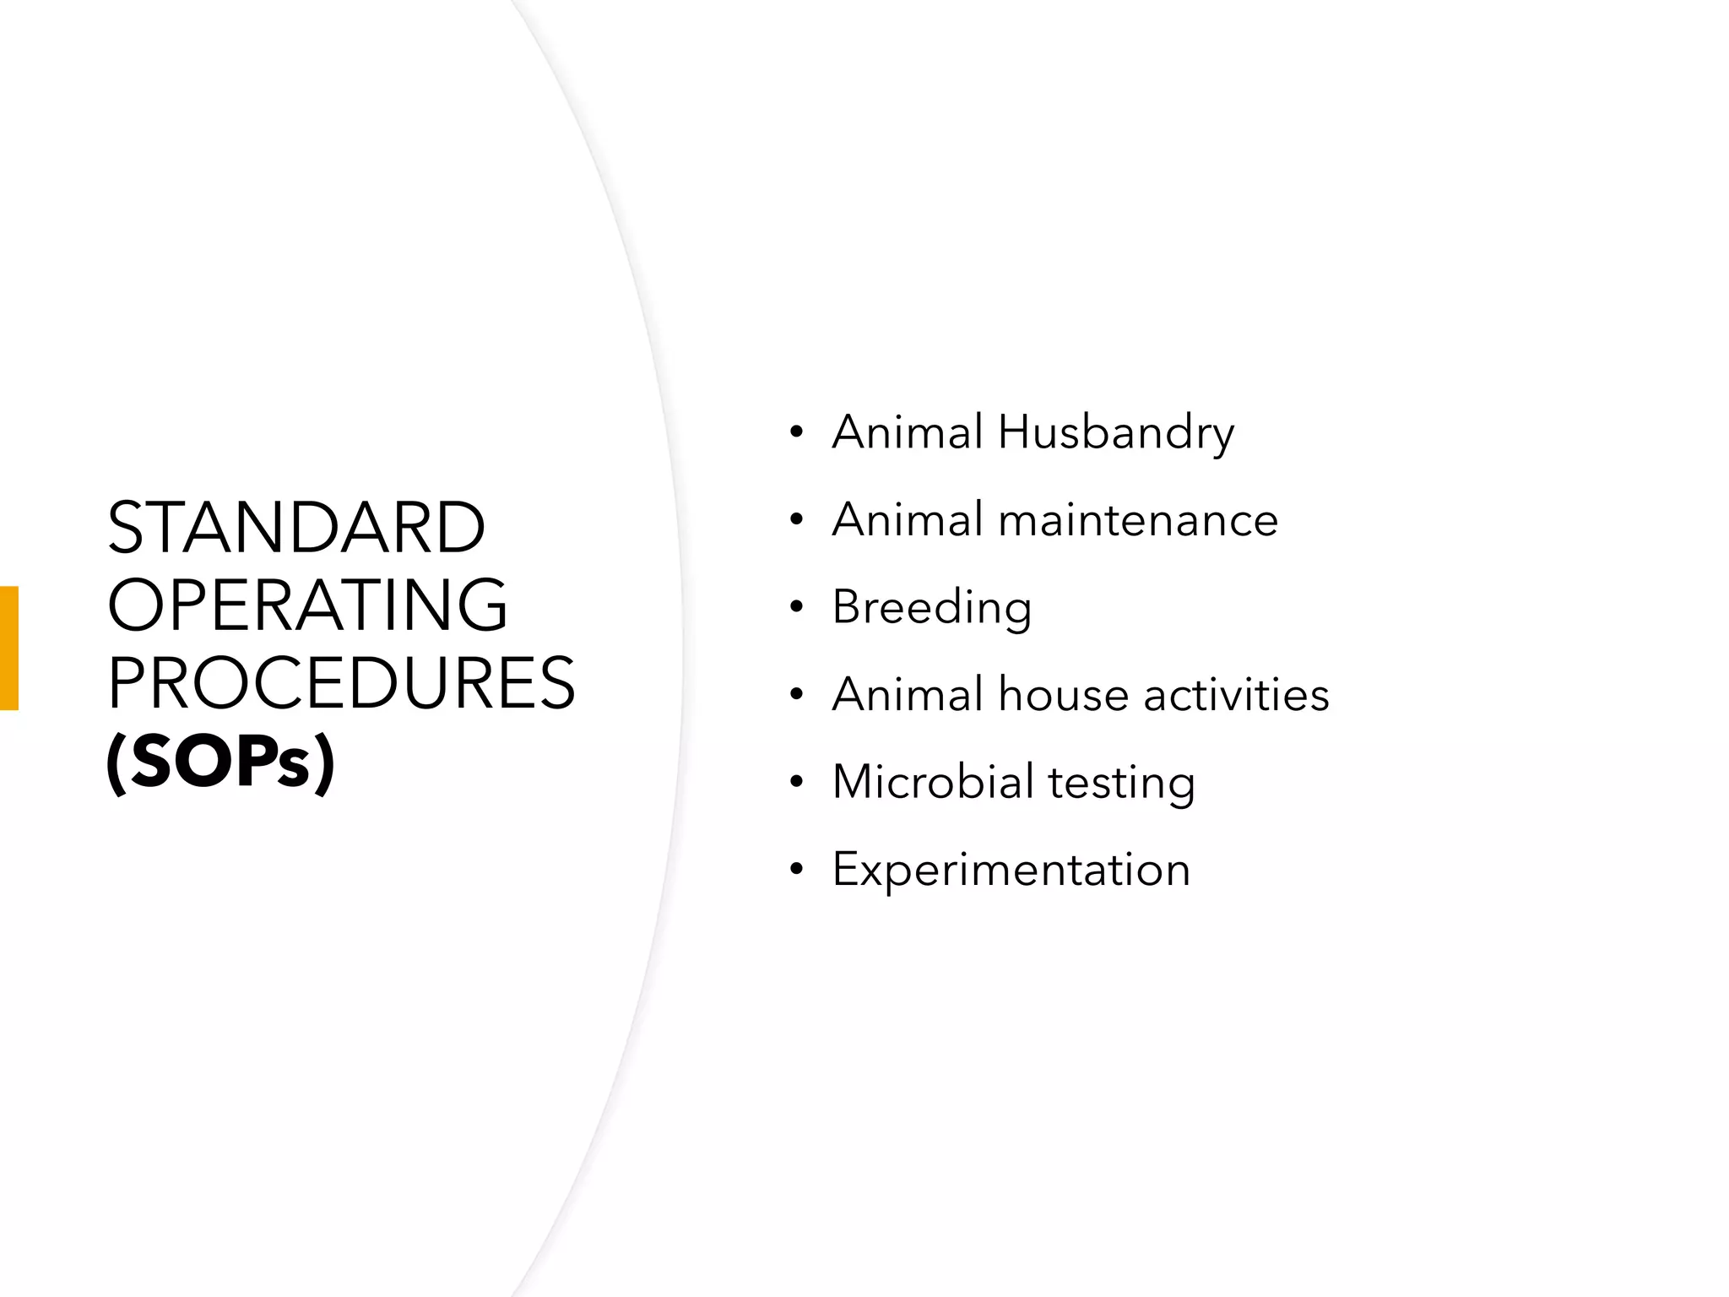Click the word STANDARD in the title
tap(296, 528)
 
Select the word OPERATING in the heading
tap(308, 605)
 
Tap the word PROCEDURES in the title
tap(341, 683)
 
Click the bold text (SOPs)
tap(220, 762)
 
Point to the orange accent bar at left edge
tap(8, 648)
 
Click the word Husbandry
tap(1115, 433)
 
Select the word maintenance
tap(1138, 519)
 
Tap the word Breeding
tap(931, 608)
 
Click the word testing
tap(1121, 783)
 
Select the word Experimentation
tap(1011, 870)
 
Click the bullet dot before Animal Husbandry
tap(796, 434)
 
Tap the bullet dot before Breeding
tap(796, 608)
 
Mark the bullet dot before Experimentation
tap(796, 870)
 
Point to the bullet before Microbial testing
tap(796, 782)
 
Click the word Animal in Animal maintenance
tap(908, 519)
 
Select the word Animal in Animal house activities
tap(908, 695)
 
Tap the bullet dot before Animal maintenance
tap(796, 521)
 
